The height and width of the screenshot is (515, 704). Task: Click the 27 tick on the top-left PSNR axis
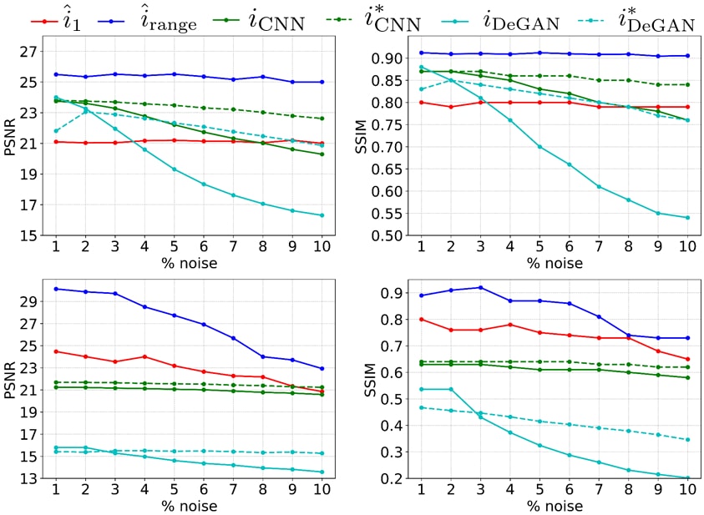tap(28, 52)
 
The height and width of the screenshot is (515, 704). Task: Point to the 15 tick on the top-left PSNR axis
tap(28, 235)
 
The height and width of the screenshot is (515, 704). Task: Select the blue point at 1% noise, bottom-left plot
tap(56, 289)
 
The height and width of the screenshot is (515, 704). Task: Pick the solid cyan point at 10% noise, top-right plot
tap(686, 218)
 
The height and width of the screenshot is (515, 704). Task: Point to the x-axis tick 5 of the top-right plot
tap(539, 248)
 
